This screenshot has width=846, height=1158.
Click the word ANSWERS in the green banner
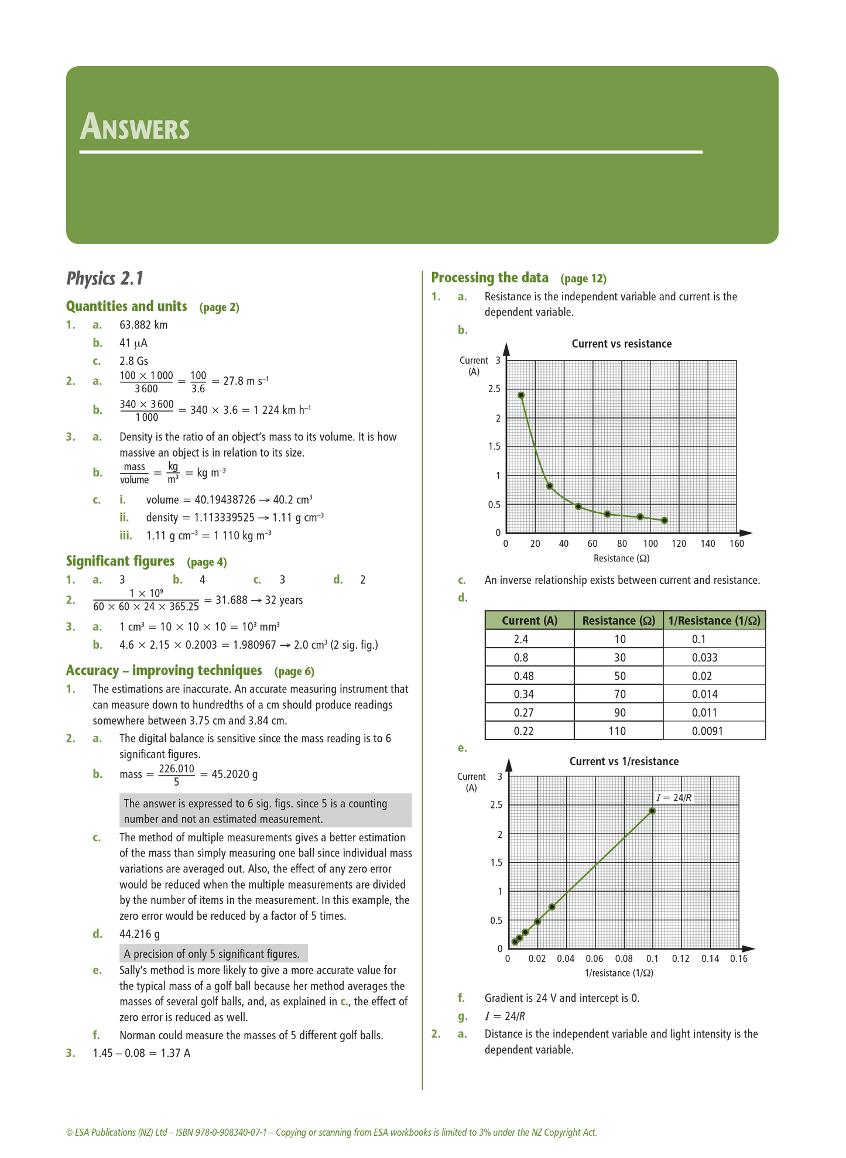click(x=135, y=127)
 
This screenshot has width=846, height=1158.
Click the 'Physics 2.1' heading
click(x=105, y=279)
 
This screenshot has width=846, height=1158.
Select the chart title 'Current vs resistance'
click(x=621, y=344)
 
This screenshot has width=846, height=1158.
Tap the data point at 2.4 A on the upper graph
click(x=521, y=395)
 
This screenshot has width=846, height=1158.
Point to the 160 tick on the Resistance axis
click(x=737, y=544)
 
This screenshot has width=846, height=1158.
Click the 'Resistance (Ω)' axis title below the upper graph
click(x=621, y=559)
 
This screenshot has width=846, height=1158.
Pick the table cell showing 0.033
click(x=704, y=657)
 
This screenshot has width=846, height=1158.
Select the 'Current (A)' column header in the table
click(x=529, y=621)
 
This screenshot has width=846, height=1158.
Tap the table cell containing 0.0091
click(x=707, y=731)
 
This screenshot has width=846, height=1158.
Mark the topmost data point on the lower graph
click(x=652, y=811)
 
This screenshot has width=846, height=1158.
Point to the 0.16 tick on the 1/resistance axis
click(x=738, y=959)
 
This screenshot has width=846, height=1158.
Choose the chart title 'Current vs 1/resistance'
click(x=624, y=762)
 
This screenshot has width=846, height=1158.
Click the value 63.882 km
click(x=143, y=325)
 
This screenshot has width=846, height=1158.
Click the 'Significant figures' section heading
click(x=120, y=561)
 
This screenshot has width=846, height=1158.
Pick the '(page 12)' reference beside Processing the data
click(x=583, y=278)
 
